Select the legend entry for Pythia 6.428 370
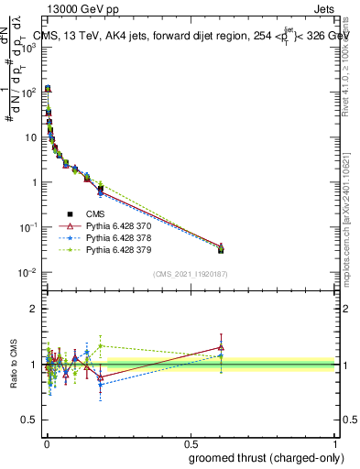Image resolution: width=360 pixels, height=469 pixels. coord(98,226)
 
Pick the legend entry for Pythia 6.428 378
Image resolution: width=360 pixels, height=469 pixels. coord(98,237)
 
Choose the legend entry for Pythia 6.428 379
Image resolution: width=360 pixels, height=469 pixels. coord(98,248)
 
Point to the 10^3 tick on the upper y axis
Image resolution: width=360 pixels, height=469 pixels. coord(28,48)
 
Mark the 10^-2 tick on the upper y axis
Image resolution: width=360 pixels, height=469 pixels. coord(28,272)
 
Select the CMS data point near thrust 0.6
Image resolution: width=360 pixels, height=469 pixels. coord(221,249)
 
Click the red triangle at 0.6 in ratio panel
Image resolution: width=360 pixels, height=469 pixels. coord(221,347)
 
